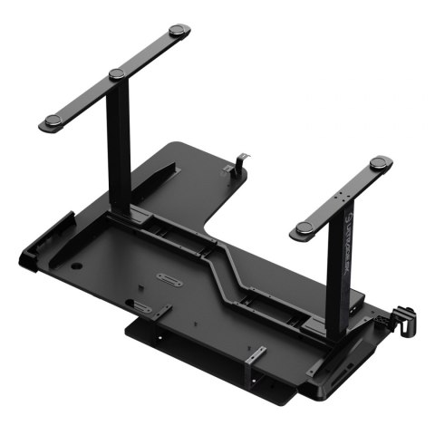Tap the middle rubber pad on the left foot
click(116, 73)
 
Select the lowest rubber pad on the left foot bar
click(51, 121)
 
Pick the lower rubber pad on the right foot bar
click(304, 227)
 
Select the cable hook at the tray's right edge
click(401, 316)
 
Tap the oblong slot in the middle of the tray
click(169, 279)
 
